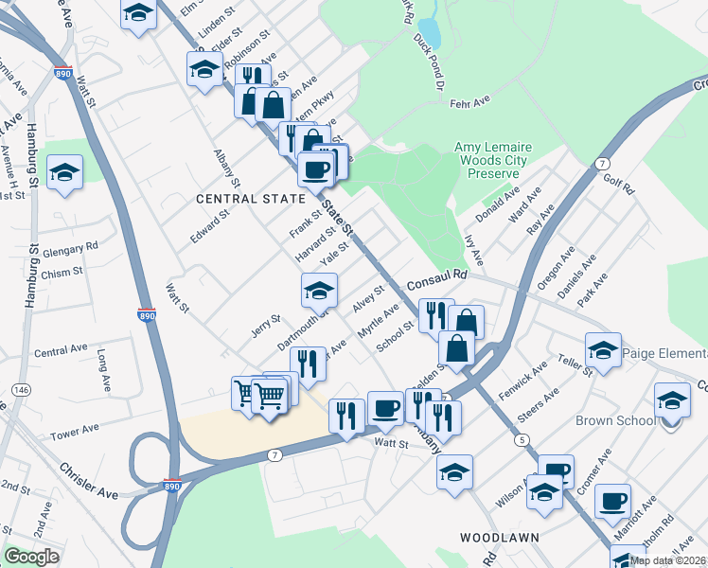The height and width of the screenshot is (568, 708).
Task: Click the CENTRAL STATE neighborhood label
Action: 252,199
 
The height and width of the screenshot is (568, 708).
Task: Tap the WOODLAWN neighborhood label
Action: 500,537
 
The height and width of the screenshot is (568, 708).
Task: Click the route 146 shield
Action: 19,390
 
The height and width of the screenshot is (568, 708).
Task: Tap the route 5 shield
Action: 522,440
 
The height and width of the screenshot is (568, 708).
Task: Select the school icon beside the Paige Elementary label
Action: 603,351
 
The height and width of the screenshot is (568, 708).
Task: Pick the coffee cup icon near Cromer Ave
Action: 612,501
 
